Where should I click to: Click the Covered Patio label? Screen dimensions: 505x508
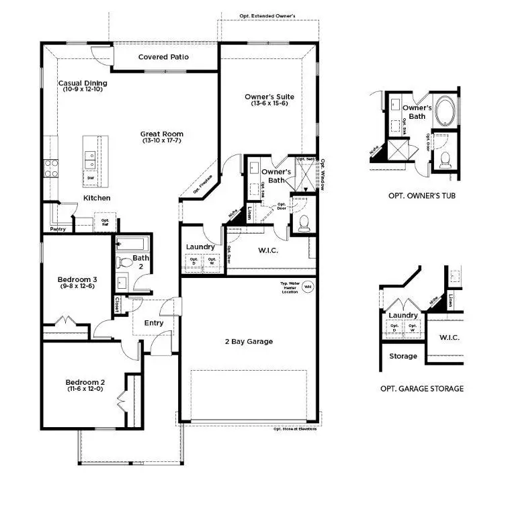pos(163,57)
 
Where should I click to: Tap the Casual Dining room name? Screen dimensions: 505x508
pos(82,83)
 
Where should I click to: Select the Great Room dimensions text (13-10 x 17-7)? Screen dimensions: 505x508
pos(163,141)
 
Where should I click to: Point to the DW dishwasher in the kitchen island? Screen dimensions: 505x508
pos(91,178)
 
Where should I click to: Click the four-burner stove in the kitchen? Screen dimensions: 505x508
pos(51,167)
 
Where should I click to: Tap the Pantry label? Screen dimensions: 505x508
pos(57,228)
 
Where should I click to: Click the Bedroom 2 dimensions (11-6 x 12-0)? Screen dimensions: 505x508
pos(85,389)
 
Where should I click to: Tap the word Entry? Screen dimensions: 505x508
pos(154,323)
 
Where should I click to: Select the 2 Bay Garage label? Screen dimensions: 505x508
pos(249,341)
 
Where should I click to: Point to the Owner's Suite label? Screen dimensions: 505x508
pos(269,97)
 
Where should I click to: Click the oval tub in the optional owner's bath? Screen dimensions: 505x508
pos(444,109)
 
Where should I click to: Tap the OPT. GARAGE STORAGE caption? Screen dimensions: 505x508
pos(421,388)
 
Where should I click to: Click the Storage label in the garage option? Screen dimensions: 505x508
pos(403,356)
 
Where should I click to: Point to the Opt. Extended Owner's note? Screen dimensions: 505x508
pos(267,15)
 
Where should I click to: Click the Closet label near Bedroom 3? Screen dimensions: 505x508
pos(118,304)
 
